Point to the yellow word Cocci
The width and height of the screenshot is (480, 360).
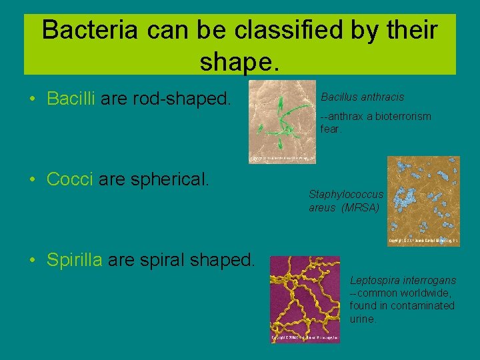tap(70, 179)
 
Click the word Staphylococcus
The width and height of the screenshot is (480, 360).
tap(346, 195)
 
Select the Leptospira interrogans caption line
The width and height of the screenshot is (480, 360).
tap(403, 281)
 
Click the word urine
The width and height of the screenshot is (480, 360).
tap(363, 319)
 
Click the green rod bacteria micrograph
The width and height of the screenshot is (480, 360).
tap(282, 122)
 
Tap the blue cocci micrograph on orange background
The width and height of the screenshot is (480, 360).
tap(423, 201)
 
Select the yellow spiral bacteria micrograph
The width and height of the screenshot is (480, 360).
tap(304, 299)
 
